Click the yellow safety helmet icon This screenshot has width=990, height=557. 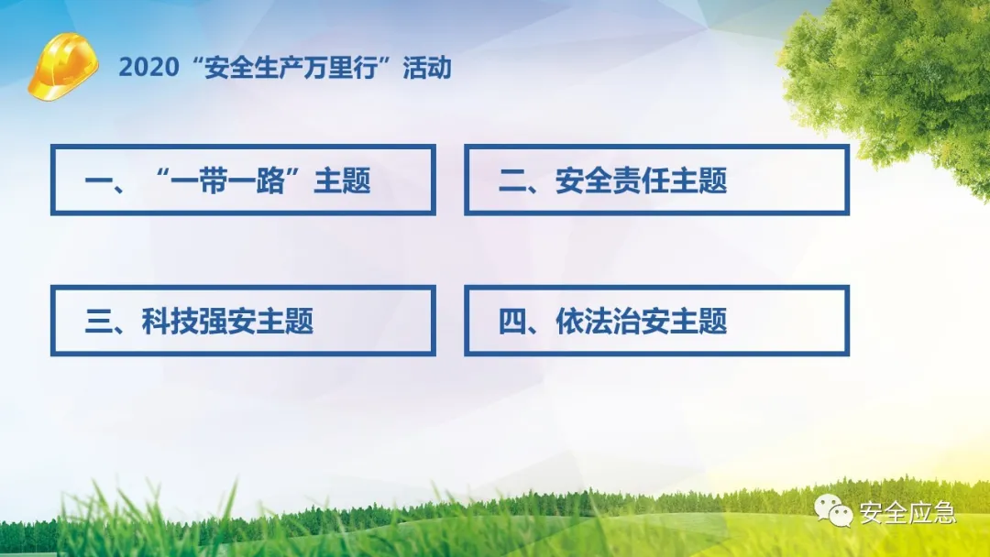[x=62, y=66]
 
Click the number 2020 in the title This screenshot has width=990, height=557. [x=149, y=68]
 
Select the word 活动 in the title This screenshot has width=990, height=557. [x=427, y=68]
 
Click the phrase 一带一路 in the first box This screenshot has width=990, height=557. [x=226, y=181]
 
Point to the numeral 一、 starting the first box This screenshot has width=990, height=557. [x=104, y=181]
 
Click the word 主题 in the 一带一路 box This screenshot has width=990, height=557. [x=342, y=181]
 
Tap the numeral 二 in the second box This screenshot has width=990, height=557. [x=512, y=181]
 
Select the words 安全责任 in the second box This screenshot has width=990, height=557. [x=612, y=181]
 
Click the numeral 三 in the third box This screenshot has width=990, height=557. [x=98, y=322]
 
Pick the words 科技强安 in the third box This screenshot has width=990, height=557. [x=198, y=321]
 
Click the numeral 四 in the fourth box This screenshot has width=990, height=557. [x=512, y=322]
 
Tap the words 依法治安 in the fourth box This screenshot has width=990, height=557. [x=612, y=321]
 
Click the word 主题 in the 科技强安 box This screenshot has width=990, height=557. [x=285, y=321]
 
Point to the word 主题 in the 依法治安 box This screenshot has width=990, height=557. [x=698, y=321]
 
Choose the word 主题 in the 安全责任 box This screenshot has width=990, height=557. [x=698, y=181]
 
